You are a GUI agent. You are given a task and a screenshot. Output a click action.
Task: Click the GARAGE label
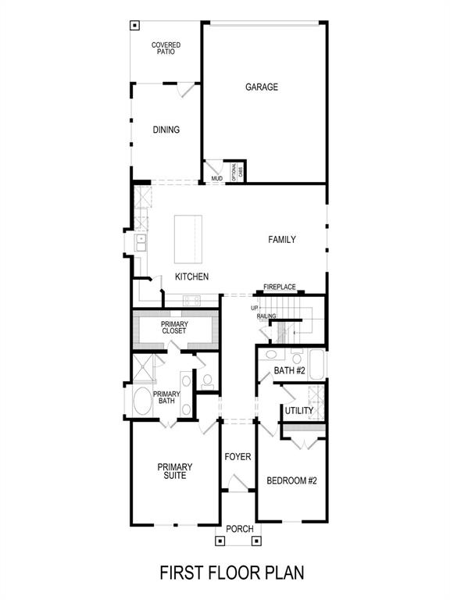(262, 87)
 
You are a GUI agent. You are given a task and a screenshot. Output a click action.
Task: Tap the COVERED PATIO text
(166, 48)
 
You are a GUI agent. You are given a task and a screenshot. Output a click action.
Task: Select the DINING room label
(166, 130)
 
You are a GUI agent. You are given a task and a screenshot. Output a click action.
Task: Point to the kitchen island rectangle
(187, 239)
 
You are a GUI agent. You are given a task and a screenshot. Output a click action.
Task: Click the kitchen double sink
(141, 243)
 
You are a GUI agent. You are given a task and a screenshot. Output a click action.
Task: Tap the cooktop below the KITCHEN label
(192, 300)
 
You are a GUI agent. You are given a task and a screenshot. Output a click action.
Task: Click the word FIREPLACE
(279, 287)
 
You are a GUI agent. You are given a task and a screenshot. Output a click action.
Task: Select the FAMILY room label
(282, 240)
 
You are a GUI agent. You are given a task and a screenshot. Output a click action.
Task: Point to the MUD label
(216, 179)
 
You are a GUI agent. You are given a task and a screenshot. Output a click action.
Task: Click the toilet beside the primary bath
(207, 381)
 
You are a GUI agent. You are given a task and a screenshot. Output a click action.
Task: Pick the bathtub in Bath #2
(315, 364)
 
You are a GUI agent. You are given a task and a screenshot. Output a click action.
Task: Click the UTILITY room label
(298, 411)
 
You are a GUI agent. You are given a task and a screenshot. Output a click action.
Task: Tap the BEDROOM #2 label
(291, 480)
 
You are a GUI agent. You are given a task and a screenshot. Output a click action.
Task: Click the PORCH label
(239, 529)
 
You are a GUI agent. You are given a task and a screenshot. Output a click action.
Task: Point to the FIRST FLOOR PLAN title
(232, 573)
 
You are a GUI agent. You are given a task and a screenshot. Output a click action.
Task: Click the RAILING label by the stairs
(266, 316)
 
